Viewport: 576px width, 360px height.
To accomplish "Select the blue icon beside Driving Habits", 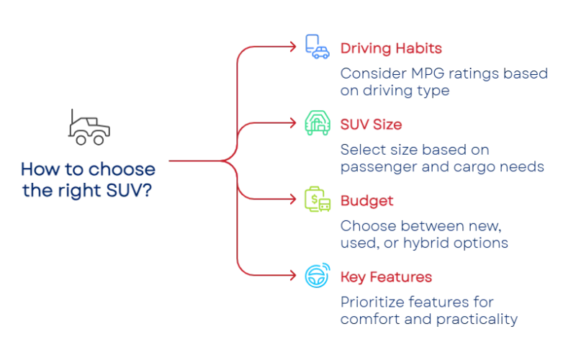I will coord(315,45).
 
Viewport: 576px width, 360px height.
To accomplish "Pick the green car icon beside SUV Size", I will coord(315,123).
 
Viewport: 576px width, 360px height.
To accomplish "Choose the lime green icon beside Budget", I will coord(315,199).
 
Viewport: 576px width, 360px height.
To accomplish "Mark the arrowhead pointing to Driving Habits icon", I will coord(294,45).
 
